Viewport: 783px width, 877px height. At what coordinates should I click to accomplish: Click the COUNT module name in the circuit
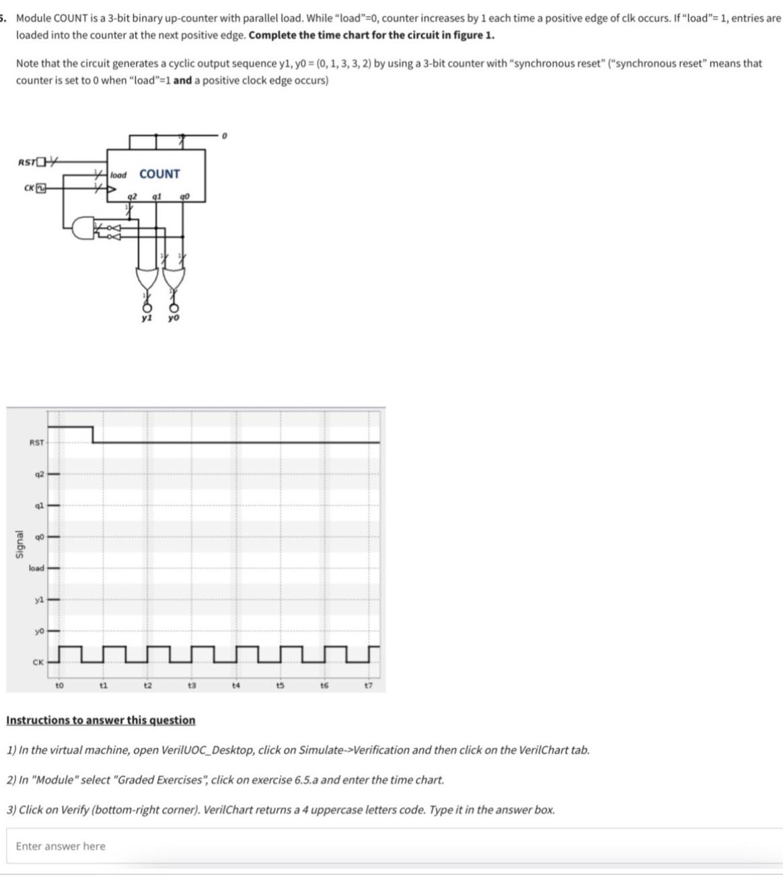[159, 173]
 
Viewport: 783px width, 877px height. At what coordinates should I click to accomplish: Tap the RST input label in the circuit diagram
[27, 161]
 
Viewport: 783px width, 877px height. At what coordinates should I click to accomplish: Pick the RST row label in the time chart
[36, 442]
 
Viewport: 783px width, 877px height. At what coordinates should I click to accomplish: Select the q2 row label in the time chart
[40, 474]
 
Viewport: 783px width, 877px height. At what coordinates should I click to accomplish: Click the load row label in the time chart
[36, 568]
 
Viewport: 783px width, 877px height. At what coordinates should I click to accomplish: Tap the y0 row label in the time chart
[40, 630]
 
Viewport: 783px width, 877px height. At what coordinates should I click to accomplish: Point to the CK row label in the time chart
[38, 662]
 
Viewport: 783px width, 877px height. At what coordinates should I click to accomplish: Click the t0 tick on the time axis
[59, 685]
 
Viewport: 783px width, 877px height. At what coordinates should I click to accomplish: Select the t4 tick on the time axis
[236, 685]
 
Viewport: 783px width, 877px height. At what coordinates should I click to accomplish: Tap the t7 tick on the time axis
[368, 685]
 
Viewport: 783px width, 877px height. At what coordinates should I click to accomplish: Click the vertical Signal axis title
[20, 544]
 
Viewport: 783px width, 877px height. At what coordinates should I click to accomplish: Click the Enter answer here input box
[394, 846]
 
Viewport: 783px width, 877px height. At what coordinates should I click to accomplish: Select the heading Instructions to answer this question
[101, 720]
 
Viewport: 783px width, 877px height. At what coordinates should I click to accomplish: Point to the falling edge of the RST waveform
[93, 434]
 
